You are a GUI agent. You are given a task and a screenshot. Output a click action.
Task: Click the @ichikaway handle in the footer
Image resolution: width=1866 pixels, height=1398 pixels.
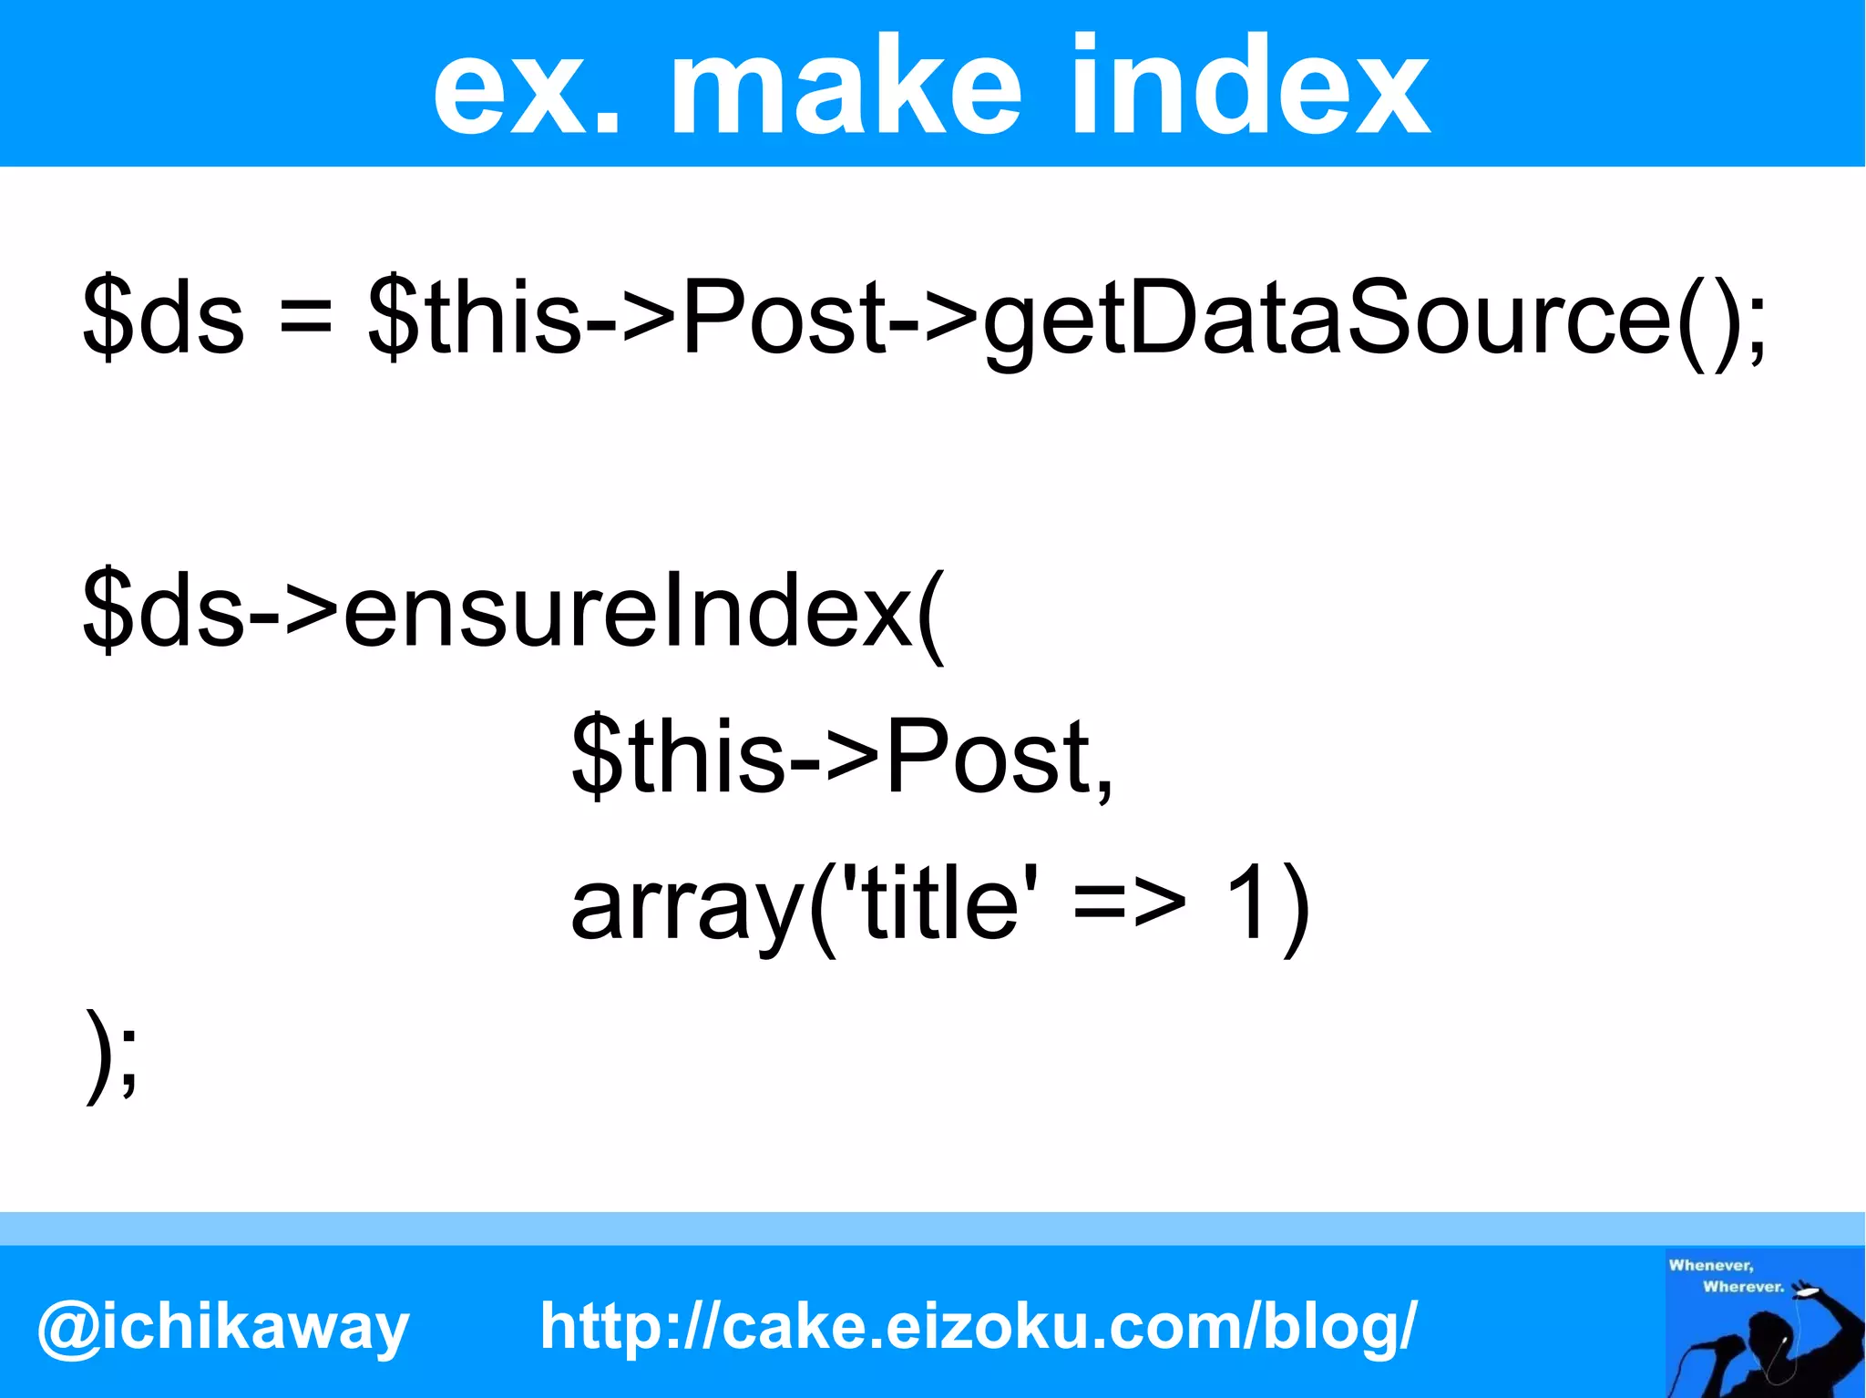tap(223, 1328)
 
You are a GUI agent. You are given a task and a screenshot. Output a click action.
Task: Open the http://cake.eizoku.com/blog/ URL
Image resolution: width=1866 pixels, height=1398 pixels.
tap(979, 1326)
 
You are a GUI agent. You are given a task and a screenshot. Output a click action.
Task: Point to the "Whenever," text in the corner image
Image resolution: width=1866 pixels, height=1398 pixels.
tap(1710, 1265)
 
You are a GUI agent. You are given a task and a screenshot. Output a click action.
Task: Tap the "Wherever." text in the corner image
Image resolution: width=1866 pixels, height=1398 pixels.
tap(1743, 1287)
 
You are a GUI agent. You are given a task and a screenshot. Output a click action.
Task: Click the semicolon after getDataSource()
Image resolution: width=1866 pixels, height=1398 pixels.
tap(1755, 323)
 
